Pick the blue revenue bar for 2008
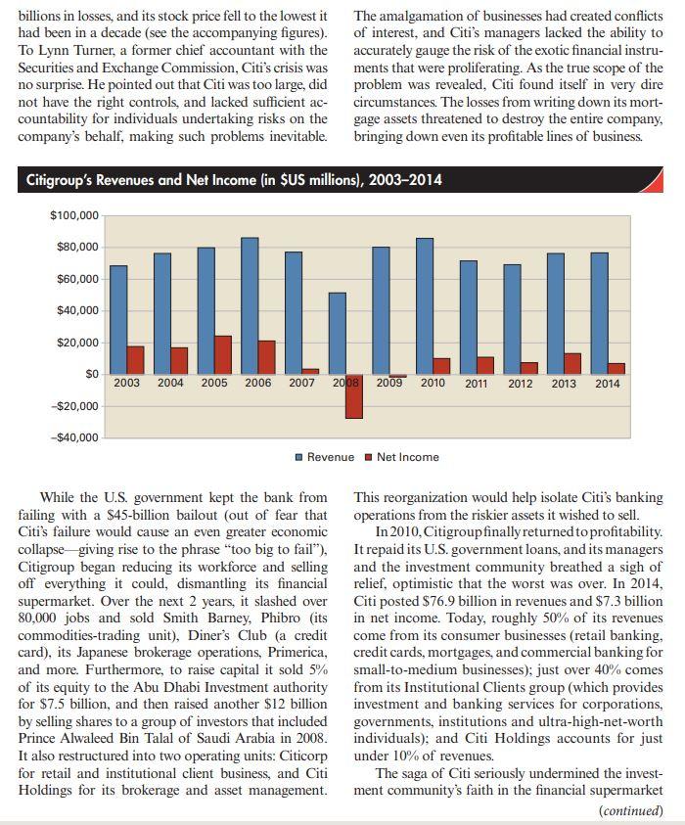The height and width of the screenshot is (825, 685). pos(337,333)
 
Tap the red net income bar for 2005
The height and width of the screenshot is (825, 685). pos(223,354)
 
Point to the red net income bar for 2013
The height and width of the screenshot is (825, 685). pos(572,363)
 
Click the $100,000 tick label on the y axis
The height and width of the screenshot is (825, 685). pos(73,215)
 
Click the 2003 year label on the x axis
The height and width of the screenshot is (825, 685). pos(126,384)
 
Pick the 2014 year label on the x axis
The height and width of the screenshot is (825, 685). pos(607,384)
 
